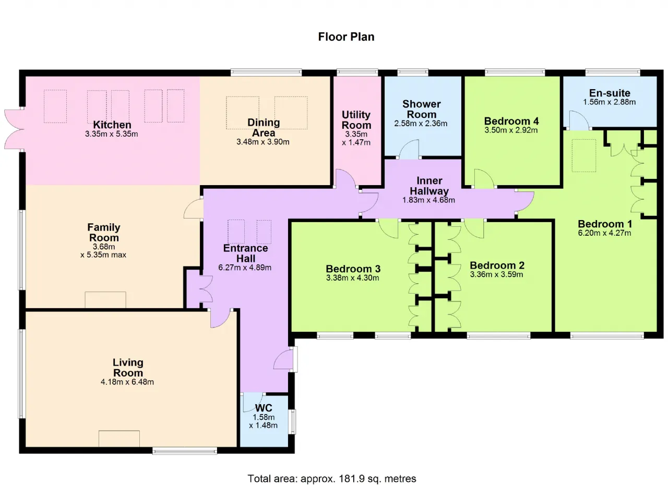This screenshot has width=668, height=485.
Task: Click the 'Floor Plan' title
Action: coord(346,37)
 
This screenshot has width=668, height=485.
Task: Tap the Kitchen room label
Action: coord(112,125)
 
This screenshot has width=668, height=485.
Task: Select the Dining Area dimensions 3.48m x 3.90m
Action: coord(263,142)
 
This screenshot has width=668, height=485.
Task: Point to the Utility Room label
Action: coord(356,120)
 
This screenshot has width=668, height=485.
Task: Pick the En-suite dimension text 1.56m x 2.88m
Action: coord(609,102)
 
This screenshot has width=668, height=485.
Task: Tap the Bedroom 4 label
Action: coord(511,121)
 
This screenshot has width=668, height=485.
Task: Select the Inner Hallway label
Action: coord(429,186)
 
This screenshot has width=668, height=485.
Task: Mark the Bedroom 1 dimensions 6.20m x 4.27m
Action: coord(604,233)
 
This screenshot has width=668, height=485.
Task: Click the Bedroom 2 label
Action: coord(497,265)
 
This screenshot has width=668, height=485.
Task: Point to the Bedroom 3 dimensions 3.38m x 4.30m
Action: coord(352,278)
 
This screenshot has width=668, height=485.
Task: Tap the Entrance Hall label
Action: coord(246,253)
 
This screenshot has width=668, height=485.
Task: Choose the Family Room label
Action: coord(104,233)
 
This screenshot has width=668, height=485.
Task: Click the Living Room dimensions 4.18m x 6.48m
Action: coord(127,382)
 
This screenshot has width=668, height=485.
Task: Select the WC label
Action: coord(264,408)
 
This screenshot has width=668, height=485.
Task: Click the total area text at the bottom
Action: coord(332,478)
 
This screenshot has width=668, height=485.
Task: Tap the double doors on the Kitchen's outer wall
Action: coord(14,129)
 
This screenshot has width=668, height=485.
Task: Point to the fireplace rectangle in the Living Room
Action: coord(120,439)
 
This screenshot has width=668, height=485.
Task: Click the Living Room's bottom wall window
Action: coord(185,451)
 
